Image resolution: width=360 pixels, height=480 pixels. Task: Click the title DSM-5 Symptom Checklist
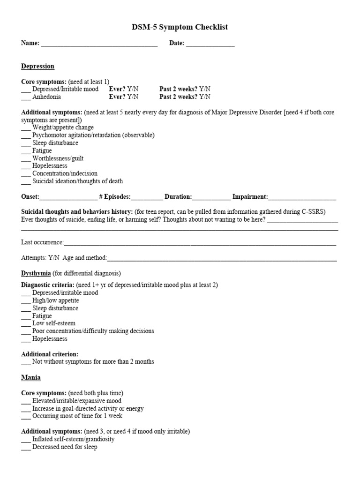coord(180,28)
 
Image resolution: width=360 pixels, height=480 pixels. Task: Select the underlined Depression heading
coord(37,66)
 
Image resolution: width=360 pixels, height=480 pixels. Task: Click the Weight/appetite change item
coord(63,127)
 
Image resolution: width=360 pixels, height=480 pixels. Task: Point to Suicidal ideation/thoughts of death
coord(77,181)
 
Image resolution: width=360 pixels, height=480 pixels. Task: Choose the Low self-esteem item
coord(53,323)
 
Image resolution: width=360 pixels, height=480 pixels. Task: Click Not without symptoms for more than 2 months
coord(93,362)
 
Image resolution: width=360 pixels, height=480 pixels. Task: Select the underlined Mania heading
coord(31,377)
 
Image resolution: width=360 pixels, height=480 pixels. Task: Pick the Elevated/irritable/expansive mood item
coord(76,401)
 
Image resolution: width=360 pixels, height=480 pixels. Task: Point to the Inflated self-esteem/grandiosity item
coord(73,440)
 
